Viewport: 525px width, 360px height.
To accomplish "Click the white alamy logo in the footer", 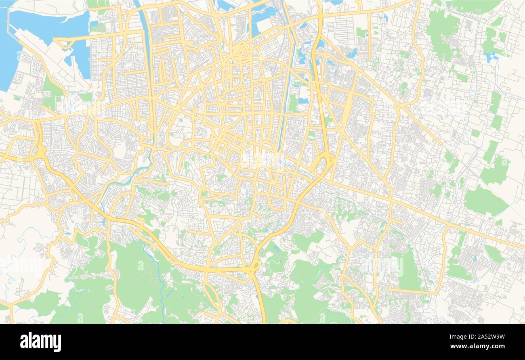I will click(x=40, y=341).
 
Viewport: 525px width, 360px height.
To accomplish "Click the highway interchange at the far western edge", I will click(x=41, y=153).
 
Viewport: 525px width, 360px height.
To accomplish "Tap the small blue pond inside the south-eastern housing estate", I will click(x=475, y=257).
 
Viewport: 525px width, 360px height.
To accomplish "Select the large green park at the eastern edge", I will click(x=485, y=201).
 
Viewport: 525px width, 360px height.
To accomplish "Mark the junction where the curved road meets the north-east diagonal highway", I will click(x=398, y=106).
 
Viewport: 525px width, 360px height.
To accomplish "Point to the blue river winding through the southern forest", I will click(x=162, y=283).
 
